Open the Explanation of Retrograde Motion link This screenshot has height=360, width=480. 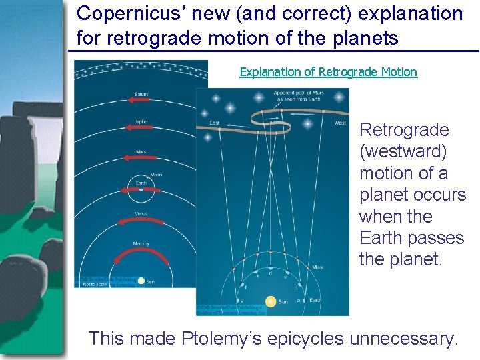328,72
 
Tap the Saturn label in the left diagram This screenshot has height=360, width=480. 141,95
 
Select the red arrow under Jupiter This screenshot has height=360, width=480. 141,129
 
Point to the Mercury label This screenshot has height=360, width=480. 141,243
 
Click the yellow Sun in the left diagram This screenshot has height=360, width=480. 141,281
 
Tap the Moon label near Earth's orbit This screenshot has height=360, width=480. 157,175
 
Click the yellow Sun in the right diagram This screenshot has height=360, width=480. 271,301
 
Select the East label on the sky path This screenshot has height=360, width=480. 215,123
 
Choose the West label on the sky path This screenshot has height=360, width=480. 339,123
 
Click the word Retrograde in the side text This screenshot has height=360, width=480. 404,130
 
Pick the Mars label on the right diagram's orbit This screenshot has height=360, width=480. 319,267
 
